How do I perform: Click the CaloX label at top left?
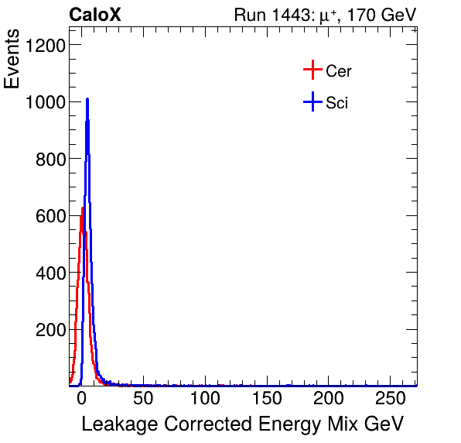tap(95, 15)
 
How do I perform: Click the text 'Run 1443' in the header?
tap(268, 15)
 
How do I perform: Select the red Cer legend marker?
tap(312, 71)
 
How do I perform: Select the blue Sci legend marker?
tap(312, 102)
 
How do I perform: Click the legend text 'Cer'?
tap(339, 71)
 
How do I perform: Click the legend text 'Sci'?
tap(337, 102)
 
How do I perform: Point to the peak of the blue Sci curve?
tap(87, 99)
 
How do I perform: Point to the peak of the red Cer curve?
tap(82, 208)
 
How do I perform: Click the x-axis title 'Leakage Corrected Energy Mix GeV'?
tap(242, 424)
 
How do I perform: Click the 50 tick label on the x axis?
tap(142, 399)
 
